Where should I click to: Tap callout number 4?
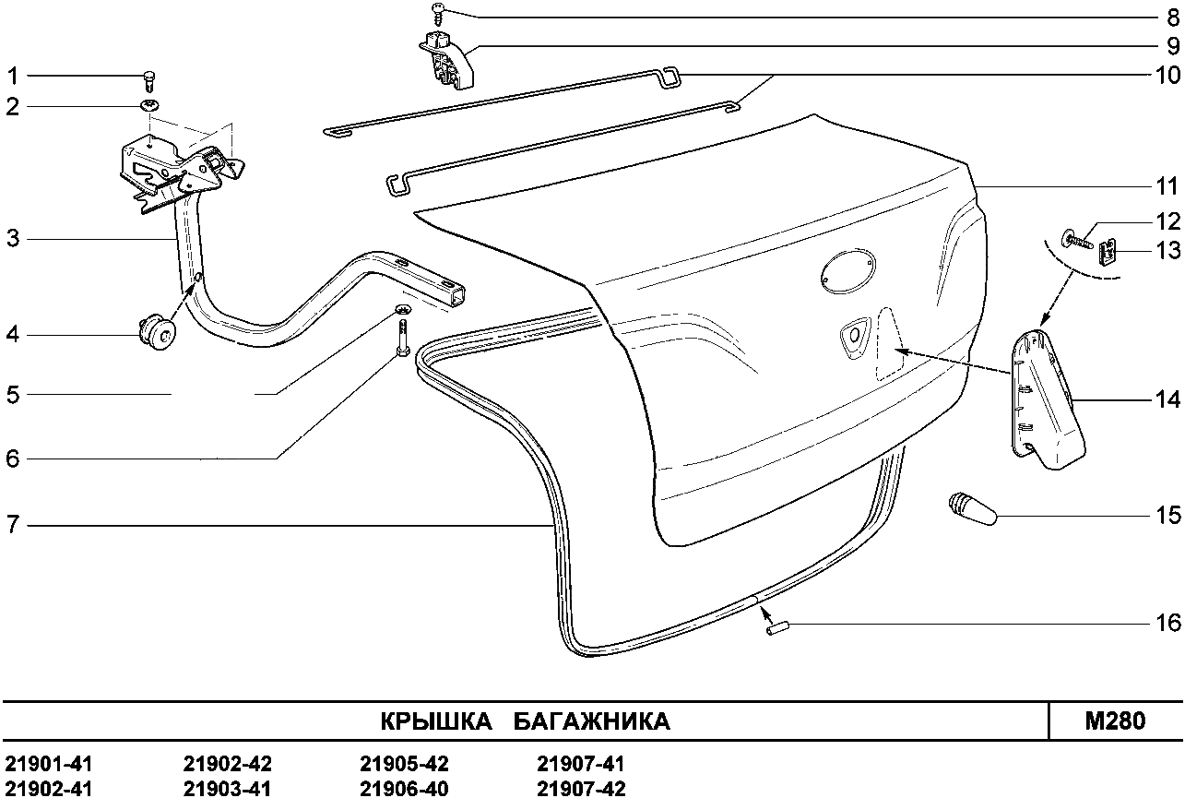click(13, 335)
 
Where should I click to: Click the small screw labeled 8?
click(438, 14)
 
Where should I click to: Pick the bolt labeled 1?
click(149, 82)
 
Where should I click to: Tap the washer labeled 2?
click(148, 106)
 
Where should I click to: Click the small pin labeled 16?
click(777, 630)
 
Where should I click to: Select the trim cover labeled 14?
click(1047, 399)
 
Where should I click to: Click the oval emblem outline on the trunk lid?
click(848, 271)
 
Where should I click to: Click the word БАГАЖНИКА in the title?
click(592, 721)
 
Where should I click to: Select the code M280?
click(1115, 721)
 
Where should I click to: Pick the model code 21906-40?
click(404, 788)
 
